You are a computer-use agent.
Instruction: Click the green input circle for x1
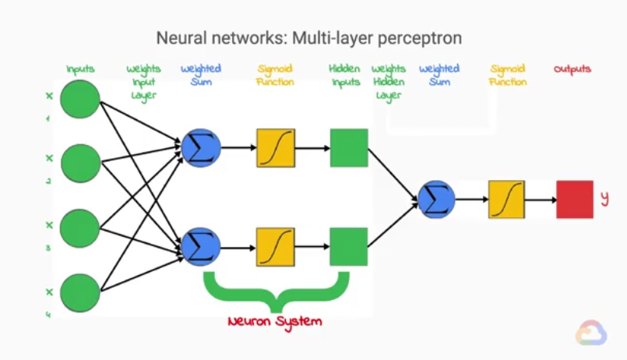[80, 99]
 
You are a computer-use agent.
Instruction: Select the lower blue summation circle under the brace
[200, 247]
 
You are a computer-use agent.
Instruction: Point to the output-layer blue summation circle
[436, 199]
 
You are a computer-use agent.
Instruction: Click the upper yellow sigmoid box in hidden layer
[276, 147]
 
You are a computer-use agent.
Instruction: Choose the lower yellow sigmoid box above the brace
[276, 247]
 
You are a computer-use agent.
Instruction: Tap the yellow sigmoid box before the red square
[506, 199]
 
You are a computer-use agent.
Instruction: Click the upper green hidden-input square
[348, 147]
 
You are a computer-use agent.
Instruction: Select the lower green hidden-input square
[348, 247]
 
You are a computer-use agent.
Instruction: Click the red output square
[575, 199]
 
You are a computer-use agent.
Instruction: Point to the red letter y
[604, 199]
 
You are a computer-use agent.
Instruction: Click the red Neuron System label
[274, 321]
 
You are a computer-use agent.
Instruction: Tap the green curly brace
[274, 290]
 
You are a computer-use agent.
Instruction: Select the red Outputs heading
[572, 69]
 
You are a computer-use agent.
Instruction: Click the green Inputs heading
[80, 69]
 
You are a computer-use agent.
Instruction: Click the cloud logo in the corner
[591, 333]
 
